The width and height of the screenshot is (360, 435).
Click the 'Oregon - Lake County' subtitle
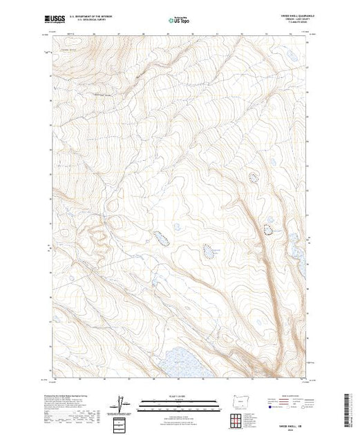tap(290, 22)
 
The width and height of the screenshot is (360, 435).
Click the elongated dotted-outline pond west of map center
tap(160, 238)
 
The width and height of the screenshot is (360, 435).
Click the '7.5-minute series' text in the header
tap(290, 26)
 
